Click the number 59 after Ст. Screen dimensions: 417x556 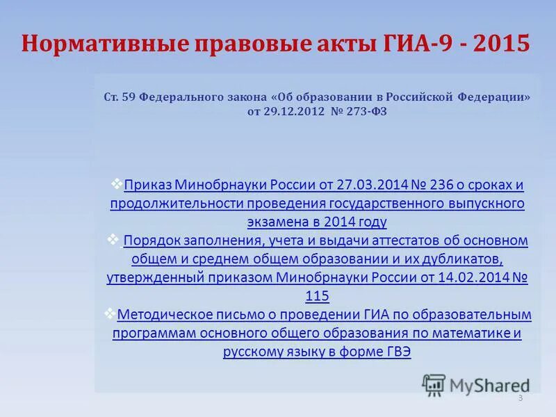coord(129,97)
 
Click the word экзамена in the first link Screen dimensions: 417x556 coord(277,222)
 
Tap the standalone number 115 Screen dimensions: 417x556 coord(317,297)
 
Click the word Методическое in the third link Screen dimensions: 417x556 coord(164,315)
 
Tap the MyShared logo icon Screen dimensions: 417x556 coord(434,384)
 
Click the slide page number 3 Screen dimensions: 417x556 coord(521,398)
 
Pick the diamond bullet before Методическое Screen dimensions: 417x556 coord(110,313)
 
